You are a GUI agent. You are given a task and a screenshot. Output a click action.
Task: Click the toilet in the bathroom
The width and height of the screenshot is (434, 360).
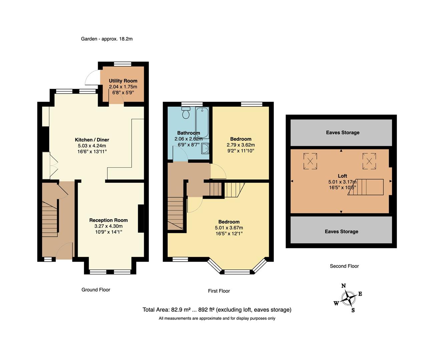point(186,114)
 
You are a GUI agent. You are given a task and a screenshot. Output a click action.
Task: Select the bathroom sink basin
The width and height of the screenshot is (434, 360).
point(205,149)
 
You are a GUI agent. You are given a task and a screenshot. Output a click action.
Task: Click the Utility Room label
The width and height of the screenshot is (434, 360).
point(123,81)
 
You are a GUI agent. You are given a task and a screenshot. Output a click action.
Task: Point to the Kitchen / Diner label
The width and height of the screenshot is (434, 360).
point(92,140)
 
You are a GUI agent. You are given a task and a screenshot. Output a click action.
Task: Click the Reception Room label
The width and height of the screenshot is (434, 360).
point(108,220)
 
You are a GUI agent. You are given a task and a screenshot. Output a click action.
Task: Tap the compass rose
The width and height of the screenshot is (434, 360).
point(348,298)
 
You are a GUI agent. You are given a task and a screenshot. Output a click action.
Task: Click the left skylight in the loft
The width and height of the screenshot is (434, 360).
point(310,161)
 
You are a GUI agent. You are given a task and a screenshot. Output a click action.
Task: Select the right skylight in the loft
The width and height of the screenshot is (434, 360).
point(369,161)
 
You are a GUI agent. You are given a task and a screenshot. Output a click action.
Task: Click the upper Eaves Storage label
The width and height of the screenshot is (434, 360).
point(343,132)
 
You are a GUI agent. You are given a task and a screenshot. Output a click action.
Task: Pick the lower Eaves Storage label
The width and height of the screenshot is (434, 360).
point(341,231)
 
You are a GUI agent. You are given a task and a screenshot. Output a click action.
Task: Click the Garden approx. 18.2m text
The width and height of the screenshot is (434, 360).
point(107,39)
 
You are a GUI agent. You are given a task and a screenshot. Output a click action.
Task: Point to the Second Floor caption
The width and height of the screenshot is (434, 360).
point(344,266)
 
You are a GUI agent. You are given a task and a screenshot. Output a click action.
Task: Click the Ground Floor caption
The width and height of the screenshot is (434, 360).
point(96,290)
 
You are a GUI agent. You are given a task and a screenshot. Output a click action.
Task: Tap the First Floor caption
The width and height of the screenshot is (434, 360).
point(219,291)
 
